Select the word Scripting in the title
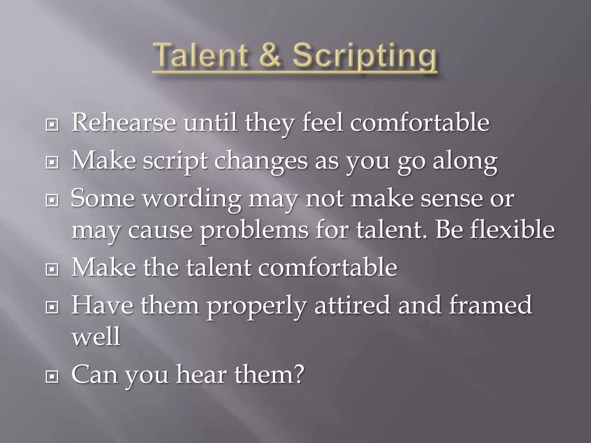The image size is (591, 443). (364, 56)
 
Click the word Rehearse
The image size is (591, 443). (124, 123)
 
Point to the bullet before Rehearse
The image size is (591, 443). (52, 125)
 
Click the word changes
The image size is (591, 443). (261, 162)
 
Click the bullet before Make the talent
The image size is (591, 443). (52, 270)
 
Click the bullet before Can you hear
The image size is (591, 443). (52, 376)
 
